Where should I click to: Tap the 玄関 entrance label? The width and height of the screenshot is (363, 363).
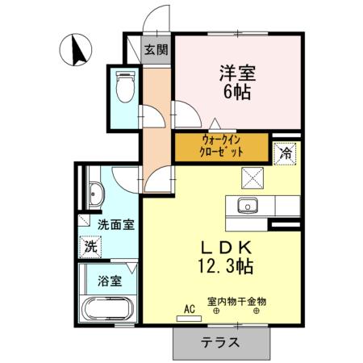pos(156,48)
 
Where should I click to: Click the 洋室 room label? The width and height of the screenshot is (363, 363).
pos(236,72)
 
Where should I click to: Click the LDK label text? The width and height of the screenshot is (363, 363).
pos(223,247)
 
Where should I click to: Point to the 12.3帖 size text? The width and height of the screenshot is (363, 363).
pos(223,265)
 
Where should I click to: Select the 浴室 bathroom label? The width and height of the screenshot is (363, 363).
pos(111,282)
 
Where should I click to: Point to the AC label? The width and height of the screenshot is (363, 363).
pos(190,307)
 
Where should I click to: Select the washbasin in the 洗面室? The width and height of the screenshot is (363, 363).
pos(95,194)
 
